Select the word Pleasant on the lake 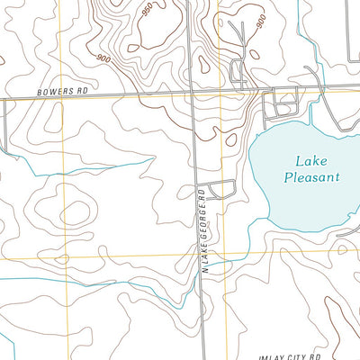click(311, 177)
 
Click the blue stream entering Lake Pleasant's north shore click(310, 117)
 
